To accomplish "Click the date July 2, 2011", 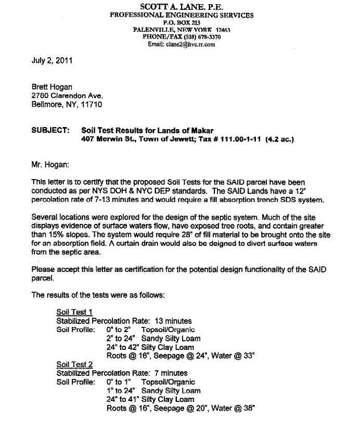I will (x=52, y=60).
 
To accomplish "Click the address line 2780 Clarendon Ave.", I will (x=67, y=96).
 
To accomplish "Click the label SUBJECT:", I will (x=50, y=130).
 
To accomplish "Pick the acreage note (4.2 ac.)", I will (x=279, y=139).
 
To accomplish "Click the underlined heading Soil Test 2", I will (x=74, y=365).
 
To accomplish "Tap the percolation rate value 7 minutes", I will (x=171, y=373).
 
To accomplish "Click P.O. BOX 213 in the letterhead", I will (x=182, y=23).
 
